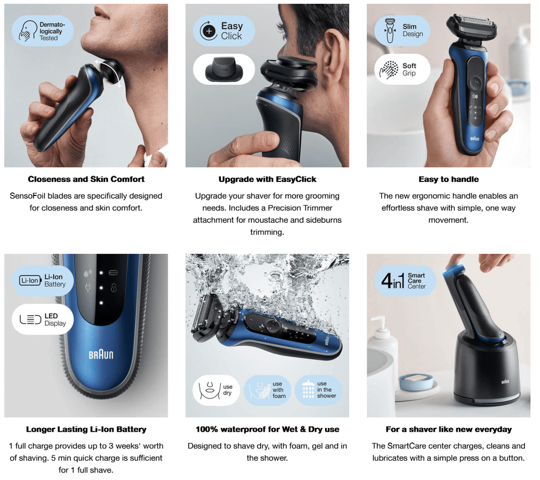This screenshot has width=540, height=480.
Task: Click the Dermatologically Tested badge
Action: pos(43,31)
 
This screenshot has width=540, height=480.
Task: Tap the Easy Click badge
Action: pos(224,31)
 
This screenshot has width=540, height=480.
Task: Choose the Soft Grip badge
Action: pos(402,69)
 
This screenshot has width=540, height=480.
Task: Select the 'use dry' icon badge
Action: pos(216,390)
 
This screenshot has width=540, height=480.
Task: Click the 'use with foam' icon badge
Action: pos(267,390)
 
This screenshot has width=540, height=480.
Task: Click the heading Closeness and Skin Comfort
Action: pos(86,179)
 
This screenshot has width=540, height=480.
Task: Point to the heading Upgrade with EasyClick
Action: pos(267,179)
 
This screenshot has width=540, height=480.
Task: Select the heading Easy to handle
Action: pos(449,179)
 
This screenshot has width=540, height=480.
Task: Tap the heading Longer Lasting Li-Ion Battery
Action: pos(86,430)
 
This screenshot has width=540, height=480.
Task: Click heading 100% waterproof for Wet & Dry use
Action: pos(267,430)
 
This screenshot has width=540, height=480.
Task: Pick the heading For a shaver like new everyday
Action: pos(449,430)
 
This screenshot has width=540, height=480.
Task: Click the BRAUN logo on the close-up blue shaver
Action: pos(101,354)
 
